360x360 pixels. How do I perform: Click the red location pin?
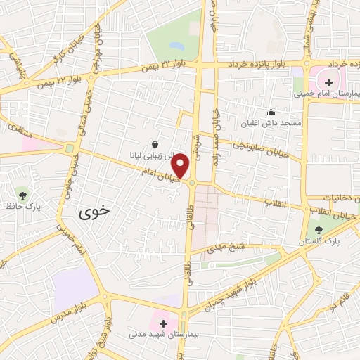tap(181, 165)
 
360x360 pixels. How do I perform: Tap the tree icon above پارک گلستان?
tap(319, 230)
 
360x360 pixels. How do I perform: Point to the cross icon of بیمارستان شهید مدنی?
tap(164, 323)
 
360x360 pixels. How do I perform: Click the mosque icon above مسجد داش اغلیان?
tap(271, 112)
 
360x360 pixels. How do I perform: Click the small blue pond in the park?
tap(176, 46)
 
